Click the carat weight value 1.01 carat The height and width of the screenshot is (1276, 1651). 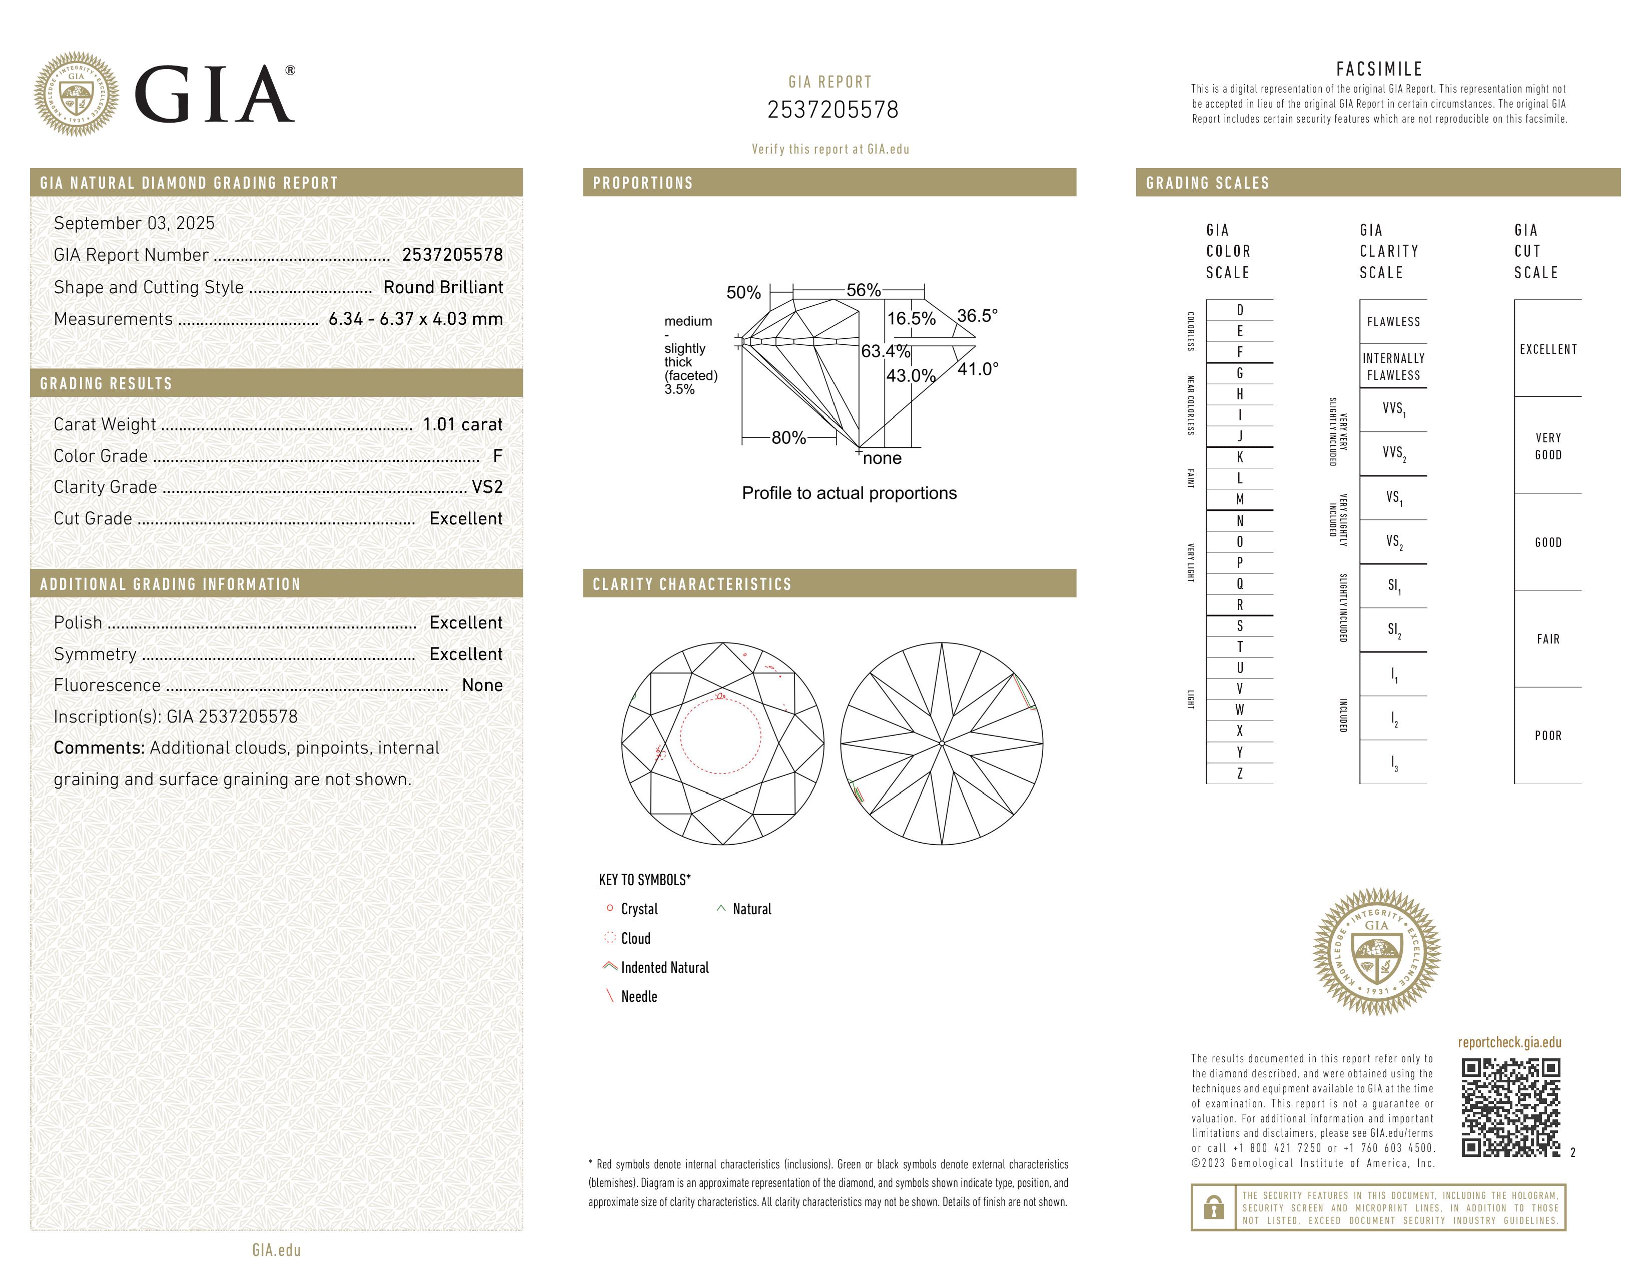point(462,425)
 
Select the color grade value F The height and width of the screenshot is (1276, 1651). point(497,456)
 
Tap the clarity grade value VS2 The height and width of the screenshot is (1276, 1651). point(487,487)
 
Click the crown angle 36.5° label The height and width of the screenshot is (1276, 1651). point(977,316)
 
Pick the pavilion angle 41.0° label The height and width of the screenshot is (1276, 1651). point(978,370)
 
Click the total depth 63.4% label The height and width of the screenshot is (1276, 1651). point(885,351)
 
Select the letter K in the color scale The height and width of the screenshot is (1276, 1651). point(1239,457)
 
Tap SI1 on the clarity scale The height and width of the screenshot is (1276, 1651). point(1393,586)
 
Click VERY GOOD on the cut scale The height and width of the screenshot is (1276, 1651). point(1547,446)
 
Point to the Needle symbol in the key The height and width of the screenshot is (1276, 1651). point(639,996)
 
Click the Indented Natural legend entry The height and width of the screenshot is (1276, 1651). point(664,968)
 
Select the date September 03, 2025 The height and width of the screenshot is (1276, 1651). point(134,224)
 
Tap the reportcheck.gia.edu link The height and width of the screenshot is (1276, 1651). point(1509,1042)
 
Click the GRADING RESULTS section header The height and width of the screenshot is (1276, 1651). point(106,384)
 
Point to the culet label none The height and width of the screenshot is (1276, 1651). point(882,458)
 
